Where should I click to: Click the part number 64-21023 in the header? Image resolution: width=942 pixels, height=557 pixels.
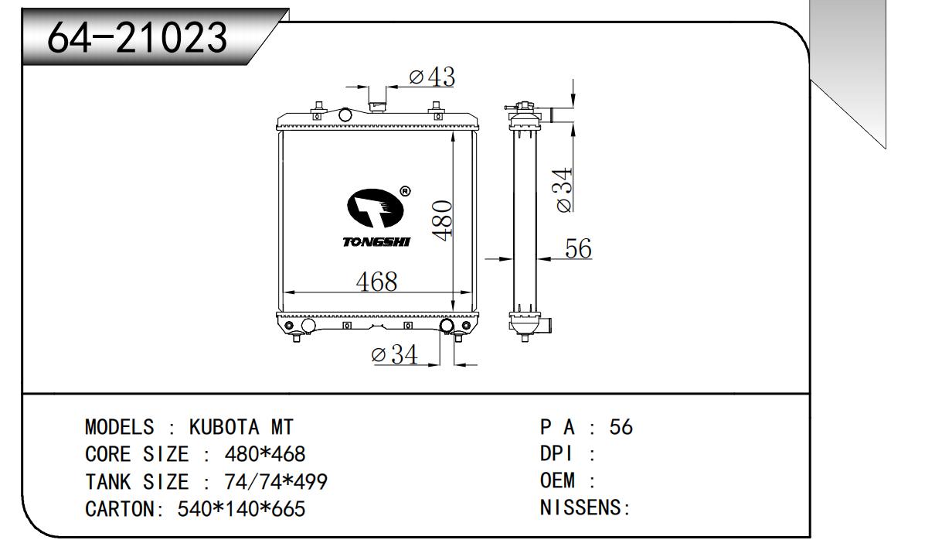[137, 37]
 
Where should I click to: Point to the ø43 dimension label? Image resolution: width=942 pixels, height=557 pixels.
[432, 77]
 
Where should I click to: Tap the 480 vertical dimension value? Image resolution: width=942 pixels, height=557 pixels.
[442, 220]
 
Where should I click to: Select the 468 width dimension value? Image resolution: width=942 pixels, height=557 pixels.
[376, 282]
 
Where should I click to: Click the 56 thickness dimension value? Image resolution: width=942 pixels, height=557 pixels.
[578, 248]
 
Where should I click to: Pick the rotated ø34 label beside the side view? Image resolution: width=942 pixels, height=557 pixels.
[563, 190]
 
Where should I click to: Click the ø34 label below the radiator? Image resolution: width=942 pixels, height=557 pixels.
[394, 354]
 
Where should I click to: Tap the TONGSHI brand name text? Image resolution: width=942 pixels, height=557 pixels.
[376, 242]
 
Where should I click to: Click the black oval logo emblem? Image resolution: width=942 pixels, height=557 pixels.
[375, 208]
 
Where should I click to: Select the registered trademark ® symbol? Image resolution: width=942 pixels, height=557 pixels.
[405, 192]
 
